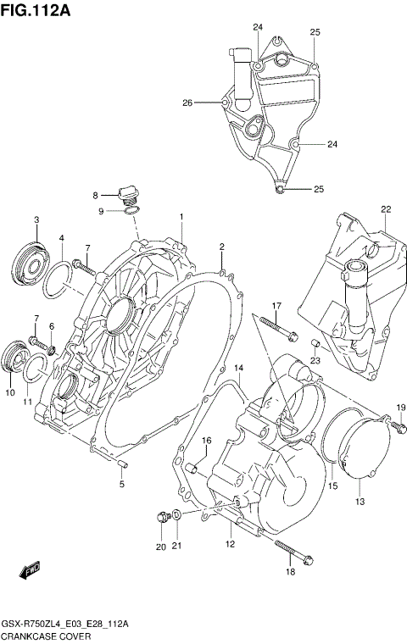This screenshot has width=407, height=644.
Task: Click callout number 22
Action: [x=385, y=209]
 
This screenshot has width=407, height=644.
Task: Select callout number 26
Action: [x=187, y=103]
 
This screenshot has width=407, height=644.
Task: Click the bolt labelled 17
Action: [x=276, y=326]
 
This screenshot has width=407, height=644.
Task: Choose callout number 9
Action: [x=101, y=211]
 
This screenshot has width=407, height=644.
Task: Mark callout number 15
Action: [x=333, y=486]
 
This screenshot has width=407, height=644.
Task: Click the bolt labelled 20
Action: [x=162, y=518]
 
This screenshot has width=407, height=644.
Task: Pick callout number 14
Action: [x=239, y=368]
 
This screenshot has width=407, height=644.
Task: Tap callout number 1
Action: [x=181, y=217]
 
